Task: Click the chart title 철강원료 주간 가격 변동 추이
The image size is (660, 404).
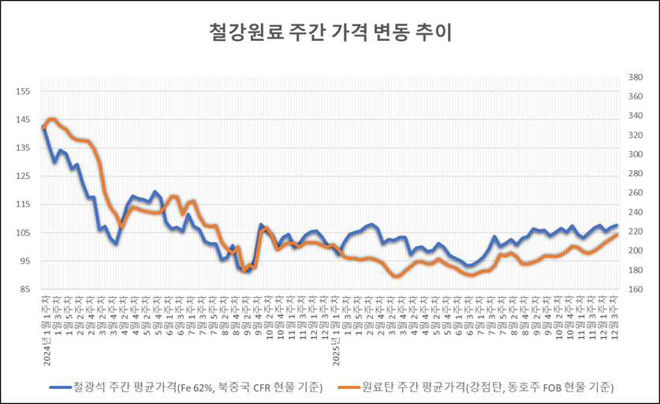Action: [x=330, y=32]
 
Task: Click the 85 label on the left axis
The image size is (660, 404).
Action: [x=24, y=290]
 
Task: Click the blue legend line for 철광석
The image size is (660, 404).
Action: [x=58, y=387]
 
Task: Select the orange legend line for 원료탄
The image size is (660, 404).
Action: [x=347, y=387]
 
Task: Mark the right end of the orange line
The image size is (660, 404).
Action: [x=616, y=235]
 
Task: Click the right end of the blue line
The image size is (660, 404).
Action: [x=616, y=226]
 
